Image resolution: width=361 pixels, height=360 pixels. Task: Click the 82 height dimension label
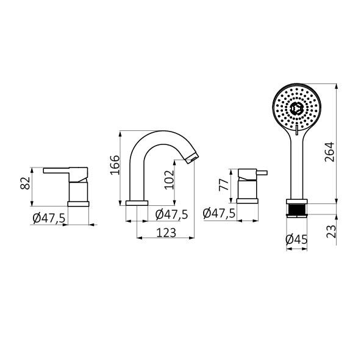point(26,183)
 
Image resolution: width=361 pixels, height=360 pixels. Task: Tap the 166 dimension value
point(115,165)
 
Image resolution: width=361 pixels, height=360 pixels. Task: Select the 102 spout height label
point(170,180)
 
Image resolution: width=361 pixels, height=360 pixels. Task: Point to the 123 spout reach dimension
point(166,233)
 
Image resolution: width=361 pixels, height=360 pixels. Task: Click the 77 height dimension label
point(224,185)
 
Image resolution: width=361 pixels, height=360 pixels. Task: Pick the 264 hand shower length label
point(329,152)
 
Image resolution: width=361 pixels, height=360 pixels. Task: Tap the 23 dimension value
point(332,231)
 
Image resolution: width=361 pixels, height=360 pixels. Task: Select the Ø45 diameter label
point(296,239)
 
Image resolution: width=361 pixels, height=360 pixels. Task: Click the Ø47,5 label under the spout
point(171,214)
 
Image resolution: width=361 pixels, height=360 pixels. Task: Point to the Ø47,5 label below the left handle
point(49,218)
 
